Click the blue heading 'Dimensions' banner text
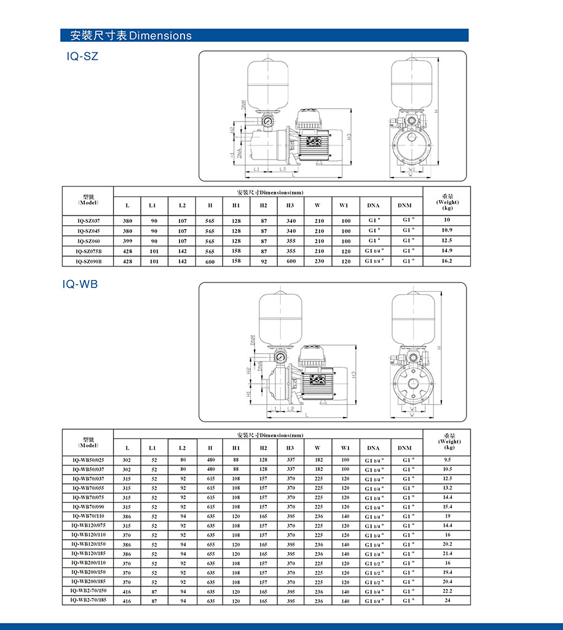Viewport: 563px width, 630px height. click(x=131, y=36)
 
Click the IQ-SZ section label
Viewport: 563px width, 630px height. click(x=82, y=56)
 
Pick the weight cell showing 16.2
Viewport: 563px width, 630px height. click(x=447, y=260)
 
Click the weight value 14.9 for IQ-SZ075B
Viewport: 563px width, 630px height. click(x=447, y=251)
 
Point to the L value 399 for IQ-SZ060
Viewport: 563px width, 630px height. click(x=127, y=241)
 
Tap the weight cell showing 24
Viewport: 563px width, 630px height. click(x=447, y=600)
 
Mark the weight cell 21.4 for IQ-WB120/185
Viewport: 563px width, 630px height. click(x=447, y=553)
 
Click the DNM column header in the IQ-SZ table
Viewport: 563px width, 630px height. click(x=404, y=205)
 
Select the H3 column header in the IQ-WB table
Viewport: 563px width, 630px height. click(x=290, y=448)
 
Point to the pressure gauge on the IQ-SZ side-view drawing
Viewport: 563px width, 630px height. click(x=269, y=122)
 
